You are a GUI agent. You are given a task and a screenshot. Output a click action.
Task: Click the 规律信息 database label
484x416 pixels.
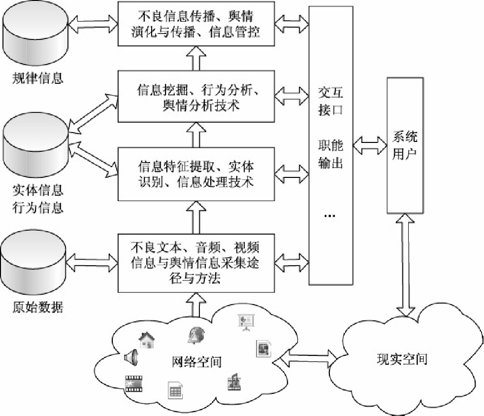pyautogui.click(x=38, y=78)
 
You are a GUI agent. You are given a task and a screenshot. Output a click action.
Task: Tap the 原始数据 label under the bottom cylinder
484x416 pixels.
pyautogui.click(x=38, y=308)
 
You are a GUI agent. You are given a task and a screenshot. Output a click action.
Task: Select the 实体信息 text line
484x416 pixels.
pyautogui.click(x=38, y=190)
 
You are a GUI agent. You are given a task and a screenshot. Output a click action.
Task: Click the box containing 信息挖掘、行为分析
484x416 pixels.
pyautogui.click(x=196, y=97)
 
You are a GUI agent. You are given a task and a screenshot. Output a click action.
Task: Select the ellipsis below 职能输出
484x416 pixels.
pyautogui.click(x=331, y=215)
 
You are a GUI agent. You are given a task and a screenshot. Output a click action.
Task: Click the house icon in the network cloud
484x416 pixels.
pyautogui.click(x=146, y=340)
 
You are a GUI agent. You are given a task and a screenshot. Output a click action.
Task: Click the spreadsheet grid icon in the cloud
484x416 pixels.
pyautogui.click(x=175, y=390)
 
